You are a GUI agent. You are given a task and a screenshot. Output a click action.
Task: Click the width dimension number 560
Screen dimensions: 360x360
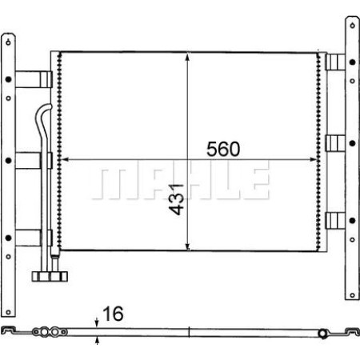pos(223,149)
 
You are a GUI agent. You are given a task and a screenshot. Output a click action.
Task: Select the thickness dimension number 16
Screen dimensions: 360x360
pos(117,315)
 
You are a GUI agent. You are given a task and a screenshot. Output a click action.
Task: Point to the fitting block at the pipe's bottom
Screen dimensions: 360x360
pos(49,277)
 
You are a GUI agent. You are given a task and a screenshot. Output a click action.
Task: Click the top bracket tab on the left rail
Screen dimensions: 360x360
pos(34,78)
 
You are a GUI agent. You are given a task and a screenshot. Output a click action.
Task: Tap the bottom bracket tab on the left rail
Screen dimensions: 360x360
pos(34,237)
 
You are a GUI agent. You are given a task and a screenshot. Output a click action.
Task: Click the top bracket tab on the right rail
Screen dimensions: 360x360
pos(336,63)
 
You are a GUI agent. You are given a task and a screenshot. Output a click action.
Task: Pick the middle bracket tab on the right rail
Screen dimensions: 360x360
pos(336,145)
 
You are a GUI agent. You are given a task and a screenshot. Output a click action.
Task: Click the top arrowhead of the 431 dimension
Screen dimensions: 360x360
pos(187,57)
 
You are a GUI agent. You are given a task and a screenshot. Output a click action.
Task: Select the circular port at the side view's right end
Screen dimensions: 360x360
pos(322,334)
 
